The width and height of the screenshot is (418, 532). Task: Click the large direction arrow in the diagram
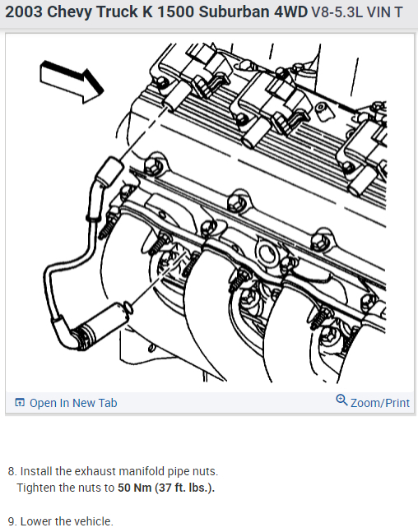[72, 81]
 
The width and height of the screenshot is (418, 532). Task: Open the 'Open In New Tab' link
[73, 403]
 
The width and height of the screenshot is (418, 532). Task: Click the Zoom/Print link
[380, 403]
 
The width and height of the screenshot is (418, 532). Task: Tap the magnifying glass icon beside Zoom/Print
[341, 400]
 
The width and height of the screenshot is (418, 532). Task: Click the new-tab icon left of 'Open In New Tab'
[20, 403]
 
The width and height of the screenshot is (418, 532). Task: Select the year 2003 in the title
[24, 12]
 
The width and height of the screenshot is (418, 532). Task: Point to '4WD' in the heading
[290, 12]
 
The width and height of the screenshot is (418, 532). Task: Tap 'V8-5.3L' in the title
[337, 12]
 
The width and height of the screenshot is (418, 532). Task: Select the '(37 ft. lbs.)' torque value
[184, 488]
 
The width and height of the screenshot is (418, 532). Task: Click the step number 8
[12, 472]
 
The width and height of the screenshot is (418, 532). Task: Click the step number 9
[12, 521]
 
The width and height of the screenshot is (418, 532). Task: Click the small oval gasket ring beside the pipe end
[128, 307]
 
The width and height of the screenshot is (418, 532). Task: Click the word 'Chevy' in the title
[70, 12]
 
